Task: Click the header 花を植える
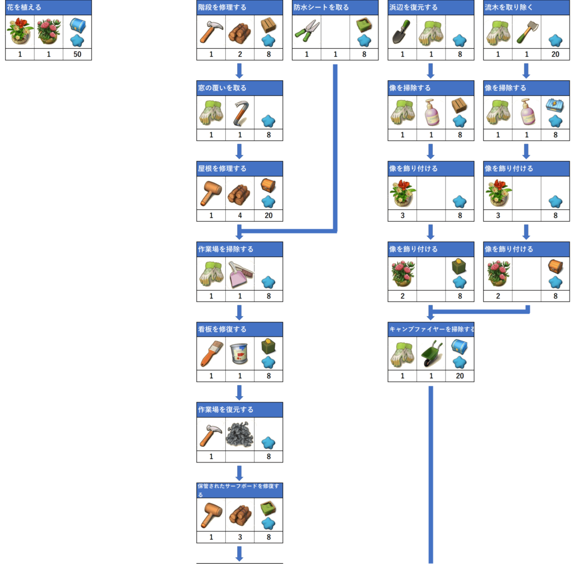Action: click(x=24, y=7)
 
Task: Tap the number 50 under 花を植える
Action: click(x=77, y=54)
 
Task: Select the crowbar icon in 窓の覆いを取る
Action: click(x=240, y=113)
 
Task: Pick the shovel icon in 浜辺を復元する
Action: click(x=402, y=32)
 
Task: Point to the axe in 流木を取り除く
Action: click(x=527, y=32)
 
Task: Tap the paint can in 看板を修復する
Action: click(x=240, y=354)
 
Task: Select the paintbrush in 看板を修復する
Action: click(x=211, y=354)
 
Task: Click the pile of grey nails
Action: click(x=240, y=434)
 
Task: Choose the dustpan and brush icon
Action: click(x=240, y=274)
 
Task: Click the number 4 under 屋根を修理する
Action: click(x=240, y=215)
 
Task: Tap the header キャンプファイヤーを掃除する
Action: click(x=431, y=329)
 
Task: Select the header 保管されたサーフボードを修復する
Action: click(x=238, y=490)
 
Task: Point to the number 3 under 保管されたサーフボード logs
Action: click(x=240, y=537)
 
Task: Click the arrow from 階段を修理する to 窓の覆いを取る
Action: click(x=239, y=71)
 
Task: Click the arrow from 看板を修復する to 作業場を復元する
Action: click(x=239, y=392)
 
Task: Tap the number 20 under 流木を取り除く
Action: click(x=556, y=54)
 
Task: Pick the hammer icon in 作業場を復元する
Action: click(x=211, y=435)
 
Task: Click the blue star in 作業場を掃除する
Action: click(x=269, y=282)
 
